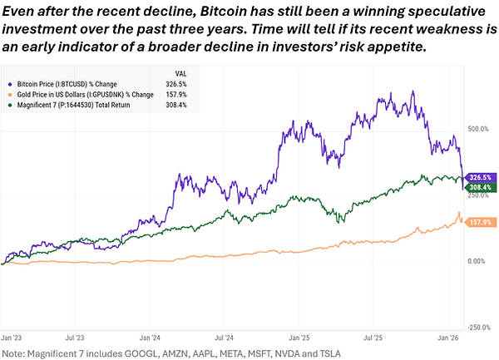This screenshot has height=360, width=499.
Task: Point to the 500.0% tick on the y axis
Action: [477, 130]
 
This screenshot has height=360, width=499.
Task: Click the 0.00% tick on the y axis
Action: [477, 261]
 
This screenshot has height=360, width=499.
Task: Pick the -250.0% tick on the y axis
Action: [477, 327]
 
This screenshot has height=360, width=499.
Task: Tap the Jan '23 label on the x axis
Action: [12, 338]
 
